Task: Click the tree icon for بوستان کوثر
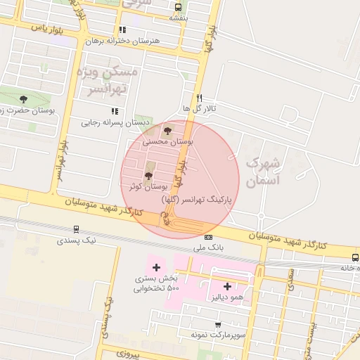pos(148,176)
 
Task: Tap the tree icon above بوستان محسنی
pos(167,130)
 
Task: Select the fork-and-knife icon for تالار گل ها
pos(200,98)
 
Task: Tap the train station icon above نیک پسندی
pos(75,229)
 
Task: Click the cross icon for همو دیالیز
pos(227,286)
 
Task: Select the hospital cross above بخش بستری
pos(156,267)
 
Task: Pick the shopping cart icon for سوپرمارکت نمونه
pos(218,325)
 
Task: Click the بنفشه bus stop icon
pos(177,7)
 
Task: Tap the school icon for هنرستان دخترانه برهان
pos(122,30)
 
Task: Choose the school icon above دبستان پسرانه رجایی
pos(114,111)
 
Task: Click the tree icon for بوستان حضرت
pos(24,99)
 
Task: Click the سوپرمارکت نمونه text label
pos(219,335)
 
